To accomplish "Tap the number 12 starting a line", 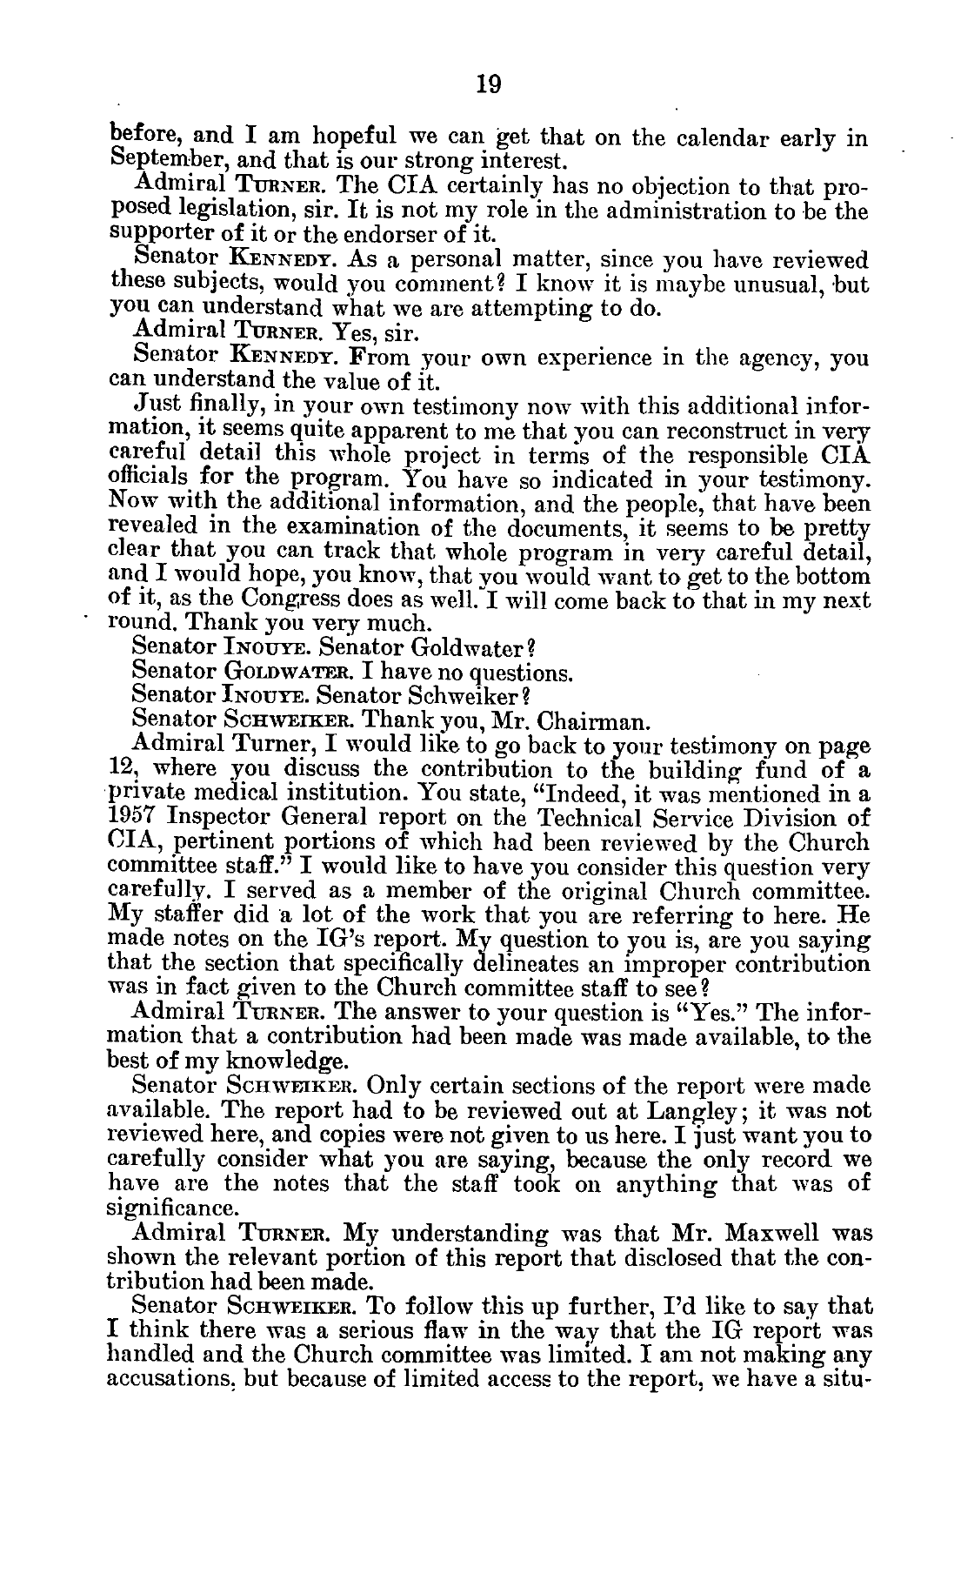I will point(124,770).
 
